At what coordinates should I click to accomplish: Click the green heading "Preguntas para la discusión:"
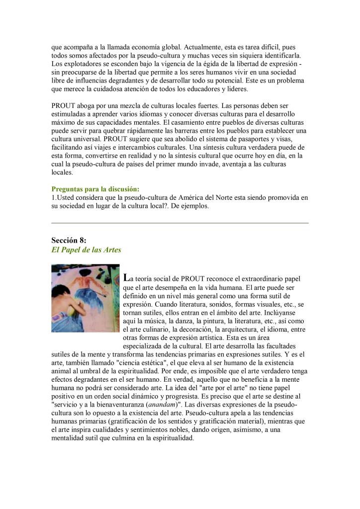coord(95,189)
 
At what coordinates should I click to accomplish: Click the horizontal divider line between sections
coord(180,223)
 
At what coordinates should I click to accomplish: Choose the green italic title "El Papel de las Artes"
coord(86,250)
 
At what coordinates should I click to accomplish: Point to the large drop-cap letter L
coord(125,277)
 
